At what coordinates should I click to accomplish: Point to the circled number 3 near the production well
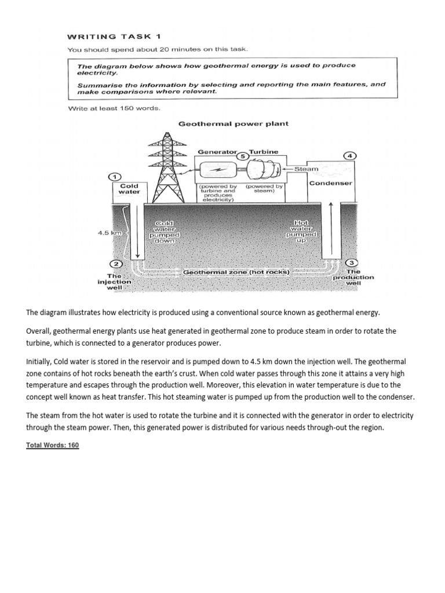tap(353, 263)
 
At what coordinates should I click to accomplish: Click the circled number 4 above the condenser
tap(350, 156)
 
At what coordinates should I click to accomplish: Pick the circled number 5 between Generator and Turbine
tap(243, 156)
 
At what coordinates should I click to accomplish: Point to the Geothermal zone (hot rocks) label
tap(236, 272)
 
